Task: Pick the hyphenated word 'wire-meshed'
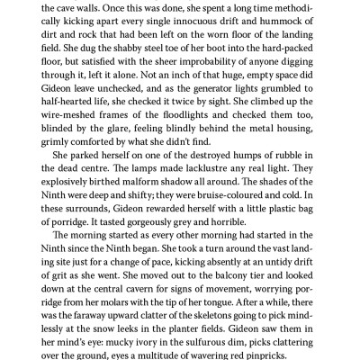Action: click(x=73, y=132)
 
